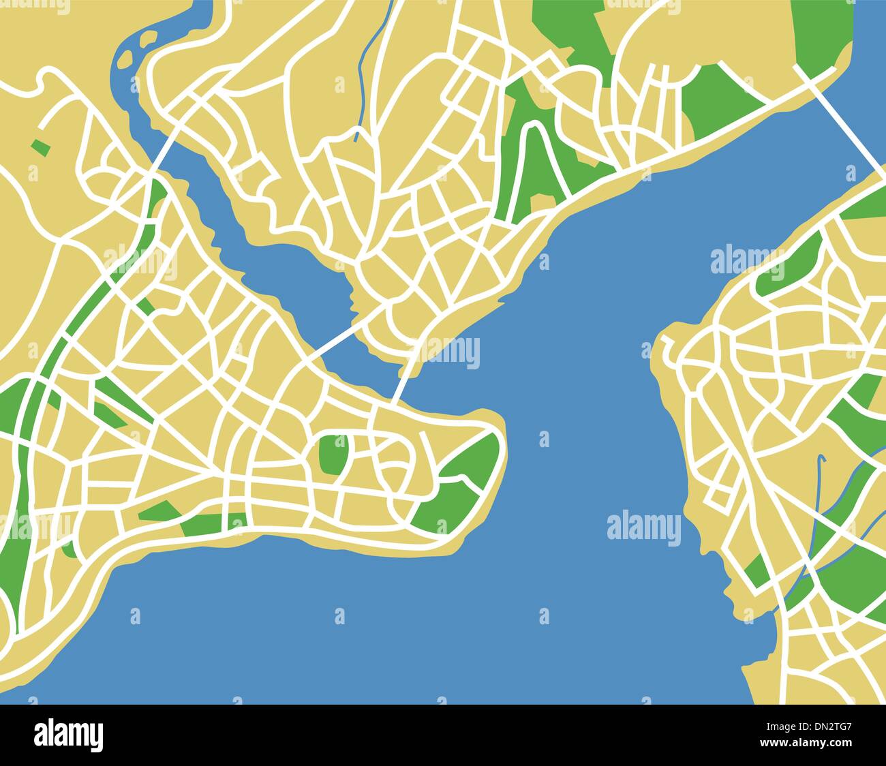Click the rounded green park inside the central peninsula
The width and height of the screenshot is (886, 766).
[333, 454]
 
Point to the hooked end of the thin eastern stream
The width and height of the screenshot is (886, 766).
[823, 459]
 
